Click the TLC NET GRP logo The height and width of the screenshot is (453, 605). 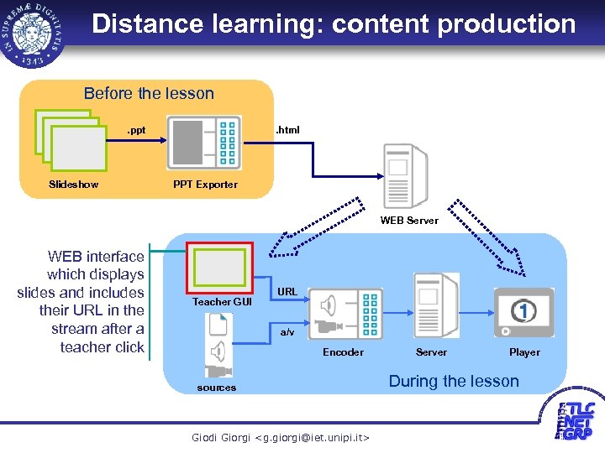coord(579,422)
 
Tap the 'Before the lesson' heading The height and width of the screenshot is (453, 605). coord(149,93)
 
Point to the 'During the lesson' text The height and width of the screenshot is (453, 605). coord(454,381)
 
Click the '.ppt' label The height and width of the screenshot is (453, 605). coord(135,130)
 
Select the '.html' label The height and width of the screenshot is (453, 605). coord(288,130)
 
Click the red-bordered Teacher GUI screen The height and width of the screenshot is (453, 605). coord(218,267)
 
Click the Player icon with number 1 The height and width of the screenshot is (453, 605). coord(523,313)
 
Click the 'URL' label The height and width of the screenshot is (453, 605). coord(287,291)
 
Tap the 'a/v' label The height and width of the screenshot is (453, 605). coord(287,332)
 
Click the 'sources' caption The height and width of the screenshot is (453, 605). coord(217,388)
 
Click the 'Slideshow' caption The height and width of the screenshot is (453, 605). coord(73,184)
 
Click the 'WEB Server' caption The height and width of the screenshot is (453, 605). coord(409,221)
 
